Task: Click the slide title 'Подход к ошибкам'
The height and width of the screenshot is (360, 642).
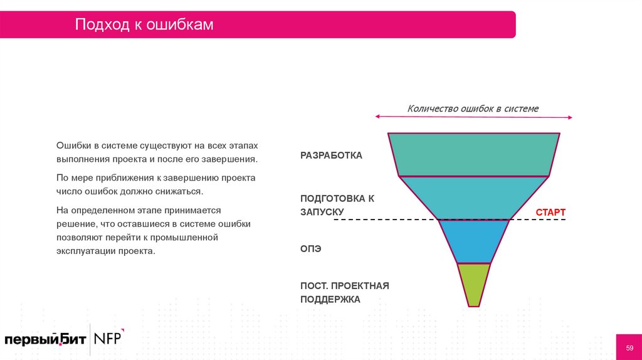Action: (144, 24)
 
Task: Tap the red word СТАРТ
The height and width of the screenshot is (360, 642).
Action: (550, 212)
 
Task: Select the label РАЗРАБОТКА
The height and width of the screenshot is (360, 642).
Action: (331, 156)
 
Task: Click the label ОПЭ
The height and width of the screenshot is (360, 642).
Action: (310, 249)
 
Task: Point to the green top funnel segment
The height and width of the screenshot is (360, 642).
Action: (473, 154)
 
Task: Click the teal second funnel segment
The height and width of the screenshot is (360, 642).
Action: (473, 198)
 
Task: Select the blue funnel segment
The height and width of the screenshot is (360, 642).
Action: (473, 241)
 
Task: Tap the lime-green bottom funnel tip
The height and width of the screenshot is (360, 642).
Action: (473, 283)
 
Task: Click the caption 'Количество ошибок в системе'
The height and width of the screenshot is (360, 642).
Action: (473, 109)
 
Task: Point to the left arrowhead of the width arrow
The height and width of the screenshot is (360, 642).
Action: (378, 117)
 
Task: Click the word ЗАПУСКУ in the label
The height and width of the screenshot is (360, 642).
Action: (322, 212)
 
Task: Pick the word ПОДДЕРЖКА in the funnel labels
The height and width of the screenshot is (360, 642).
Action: (330, 299)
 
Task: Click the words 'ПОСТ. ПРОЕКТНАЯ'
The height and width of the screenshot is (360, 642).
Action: (344, 286)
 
